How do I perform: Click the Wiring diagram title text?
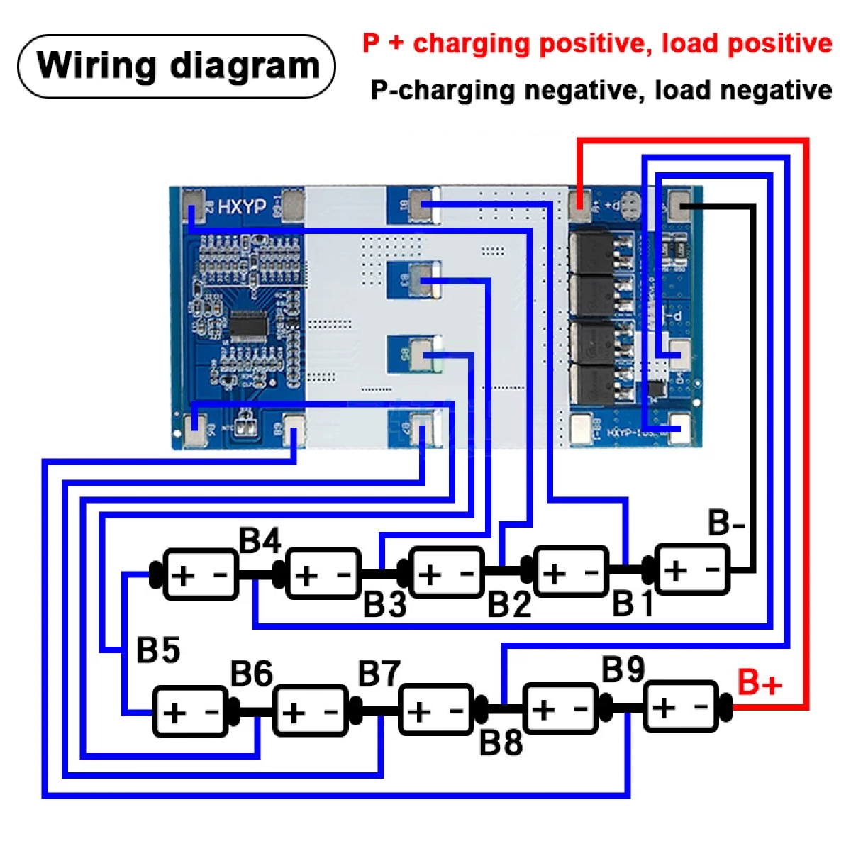[177, 65]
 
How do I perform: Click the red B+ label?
[760, 682]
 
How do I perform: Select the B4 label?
[260, 541]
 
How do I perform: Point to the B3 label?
[385, 605]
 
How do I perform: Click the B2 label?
[509, 605]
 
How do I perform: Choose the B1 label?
[633, 604]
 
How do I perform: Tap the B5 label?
[157, 650]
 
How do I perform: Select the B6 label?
[252, 674]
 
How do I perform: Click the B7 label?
[379, 674]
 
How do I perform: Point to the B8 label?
[501, 742]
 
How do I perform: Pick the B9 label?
[623, 669]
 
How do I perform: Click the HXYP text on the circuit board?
[242, 206]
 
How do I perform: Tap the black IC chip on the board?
[247, 326]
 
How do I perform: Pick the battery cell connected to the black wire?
[692, 569]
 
